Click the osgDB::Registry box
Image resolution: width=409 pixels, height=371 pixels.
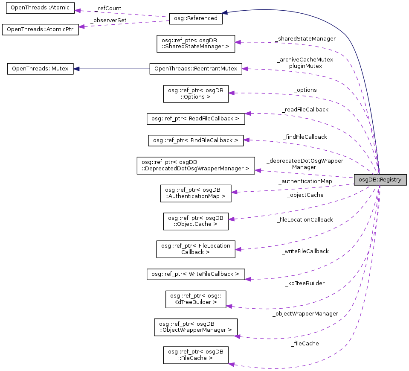pos(380,180)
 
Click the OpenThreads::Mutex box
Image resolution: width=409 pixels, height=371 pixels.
pos(40,69)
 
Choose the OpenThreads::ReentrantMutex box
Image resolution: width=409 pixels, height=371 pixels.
pos(196,69)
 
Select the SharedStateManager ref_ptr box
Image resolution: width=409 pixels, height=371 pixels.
pos(196,44)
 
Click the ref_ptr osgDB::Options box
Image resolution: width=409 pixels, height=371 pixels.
pos(196,93)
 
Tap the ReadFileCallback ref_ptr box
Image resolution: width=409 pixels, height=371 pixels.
pos(196,118)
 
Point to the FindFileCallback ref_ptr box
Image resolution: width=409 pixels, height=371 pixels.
pos(196,140)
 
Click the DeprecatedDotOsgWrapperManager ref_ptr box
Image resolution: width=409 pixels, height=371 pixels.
pos(196,165)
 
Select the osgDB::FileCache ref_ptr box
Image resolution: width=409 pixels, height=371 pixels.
pos(196,355)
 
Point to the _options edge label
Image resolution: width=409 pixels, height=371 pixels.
pos(305,90)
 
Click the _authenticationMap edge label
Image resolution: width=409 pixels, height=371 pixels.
pos(305,181)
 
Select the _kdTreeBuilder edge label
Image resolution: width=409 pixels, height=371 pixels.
pos(305,283)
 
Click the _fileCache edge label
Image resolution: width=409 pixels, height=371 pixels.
pos(305,343)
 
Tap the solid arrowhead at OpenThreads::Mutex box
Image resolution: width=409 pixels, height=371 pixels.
pos(77,69)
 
